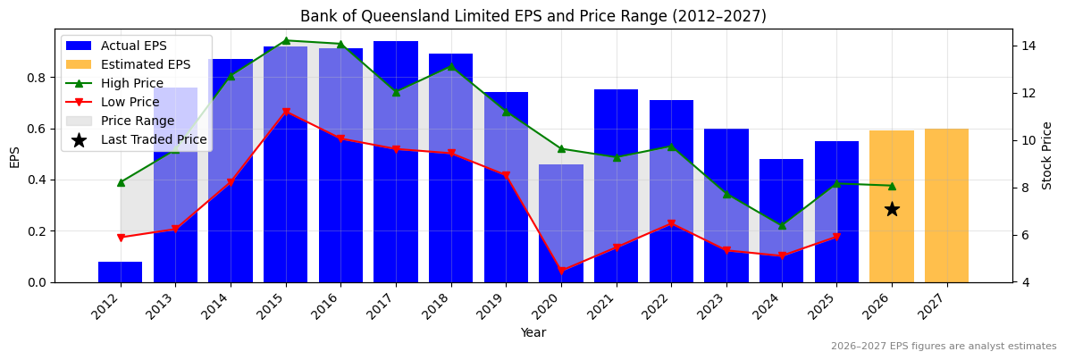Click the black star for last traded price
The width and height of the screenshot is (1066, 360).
click(x=892, y=209)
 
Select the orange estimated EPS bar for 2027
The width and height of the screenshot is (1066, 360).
click(x=946, y=205)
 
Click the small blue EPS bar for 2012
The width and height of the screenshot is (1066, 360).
click(x=120, y=272)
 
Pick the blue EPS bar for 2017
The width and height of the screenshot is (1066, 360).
click(x=396, y=161)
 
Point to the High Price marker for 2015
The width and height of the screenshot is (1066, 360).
click(x=286, y=40)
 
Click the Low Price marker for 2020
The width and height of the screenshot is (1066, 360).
click(x=561, y=271)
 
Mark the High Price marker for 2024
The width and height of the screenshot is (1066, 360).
click(x=782, y=225)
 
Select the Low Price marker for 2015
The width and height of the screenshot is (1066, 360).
click(x=286, y=112)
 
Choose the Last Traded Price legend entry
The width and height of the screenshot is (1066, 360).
click(x=153, y=139)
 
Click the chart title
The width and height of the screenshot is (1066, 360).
click(x=533, y=16)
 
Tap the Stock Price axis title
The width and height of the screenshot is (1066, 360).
click(x=1047, y=155)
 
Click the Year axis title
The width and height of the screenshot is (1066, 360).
click(x=533, y=332)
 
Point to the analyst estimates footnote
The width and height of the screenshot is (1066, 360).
click(x=943, y=347)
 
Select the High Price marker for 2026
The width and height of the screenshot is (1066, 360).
click(x=892, y=186)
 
